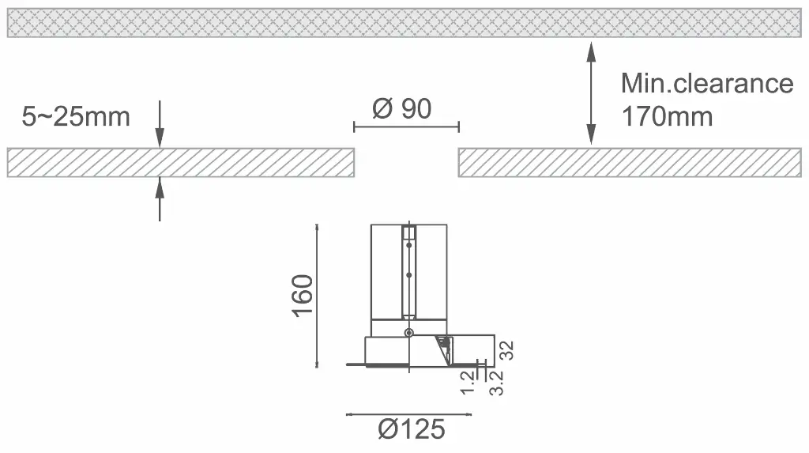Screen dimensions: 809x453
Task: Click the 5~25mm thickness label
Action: (76, 117)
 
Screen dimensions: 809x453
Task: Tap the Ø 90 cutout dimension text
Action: (402, 108)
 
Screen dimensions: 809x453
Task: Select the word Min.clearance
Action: (707, 83)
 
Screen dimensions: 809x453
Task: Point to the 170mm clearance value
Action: (667, 116)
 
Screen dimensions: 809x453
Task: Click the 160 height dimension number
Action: (303, 296)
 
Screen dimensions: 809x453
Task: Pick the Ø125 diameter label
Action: (411, 429)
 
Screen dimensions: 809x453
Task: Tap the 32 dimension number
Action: (507, 350)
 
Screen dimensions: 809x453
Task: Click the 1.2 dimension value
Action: (468, 382)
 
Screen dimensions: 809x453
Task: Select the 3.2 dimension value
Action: (496, 383)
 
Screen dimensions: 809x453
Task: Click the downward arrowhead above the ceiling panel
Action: (160, 139)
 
